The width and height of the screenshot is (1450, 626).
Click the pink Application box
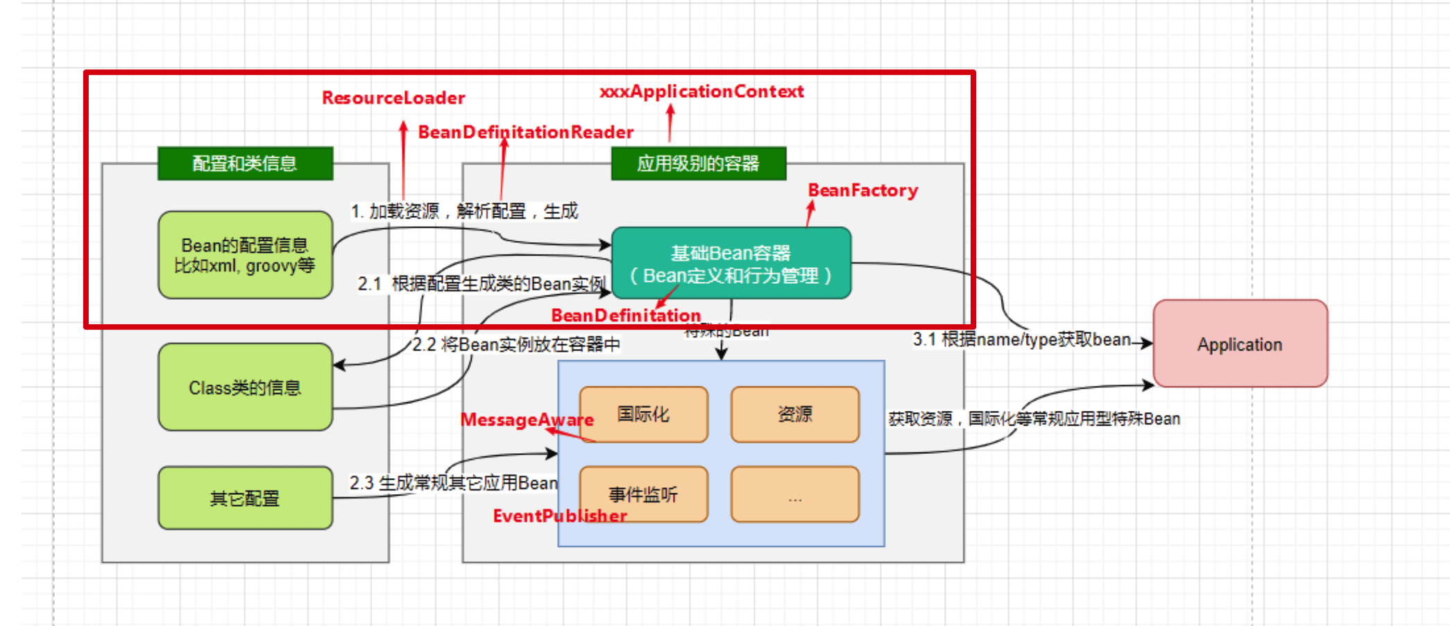coord(1240,344)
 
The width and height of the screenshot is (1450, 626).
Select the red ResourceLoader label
coord(393,98)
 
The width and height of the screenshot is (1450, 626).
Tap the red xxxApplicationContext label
coord(701,92)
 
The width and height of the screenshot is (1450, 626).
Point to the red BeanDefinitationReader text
coord(526,132)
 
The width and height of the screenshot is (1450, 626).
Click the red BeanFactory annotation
coord(863,190)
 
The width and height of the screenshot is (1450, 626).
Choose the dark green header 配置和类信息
coord(245,163)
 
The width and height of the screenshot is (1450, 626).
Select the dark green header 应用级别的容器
coord(698,163)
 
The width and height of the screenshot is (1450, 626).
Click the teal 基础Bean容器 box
coord(731,263)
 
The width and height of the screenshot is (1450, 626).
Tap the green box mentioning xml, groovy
coord(245,255)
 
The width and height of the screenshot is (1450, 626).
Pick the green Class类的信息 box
coord(245,387)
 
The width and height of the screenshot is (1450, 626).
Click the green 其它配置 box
coord(245,498)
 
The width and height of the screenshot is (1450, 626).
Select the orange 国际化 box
coord(644,414)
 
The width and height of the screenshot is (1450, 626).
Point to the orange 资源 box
coord(795,414)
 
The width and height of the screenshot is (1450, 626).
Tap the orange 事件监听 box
coord(644,494)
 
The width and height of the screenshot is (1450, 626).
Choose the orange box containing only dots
coord(795,494)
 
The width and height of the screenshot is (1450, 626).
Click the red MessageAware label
coord(527,420)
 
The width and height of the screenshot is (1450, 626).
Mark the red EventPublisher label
coord(560,516)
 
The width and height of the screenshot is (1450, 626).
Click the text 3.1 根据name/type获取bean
coord(1021,339)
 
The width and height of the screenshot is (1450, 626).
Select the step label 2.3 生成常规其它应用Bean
coord(453,482)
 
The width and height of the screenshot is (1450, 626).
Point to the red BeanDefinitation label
coord(626,315)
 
